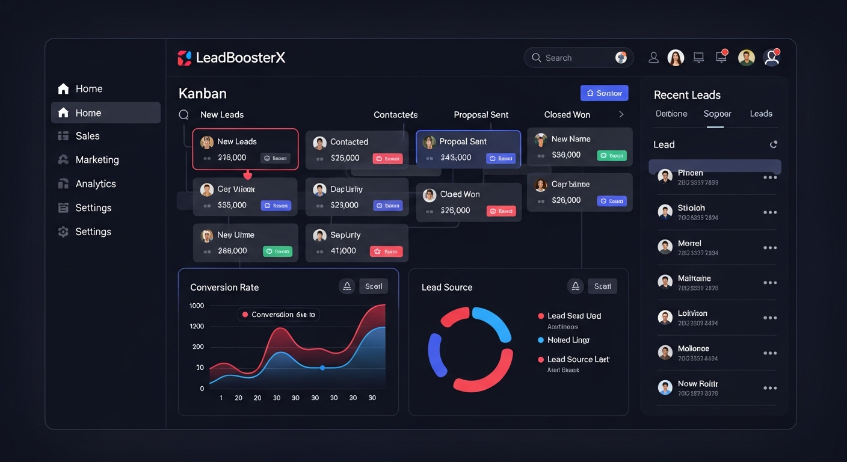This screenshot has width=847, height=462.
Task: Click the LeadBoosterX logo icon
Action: pos(184,58)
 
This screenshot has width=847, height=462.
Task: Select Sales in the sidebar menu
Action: pos(87,136)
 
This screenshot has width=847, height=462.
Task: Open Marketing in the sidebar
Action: pos(97,160)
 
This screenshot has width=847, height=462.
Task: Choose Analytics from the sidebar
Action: pos(95,184)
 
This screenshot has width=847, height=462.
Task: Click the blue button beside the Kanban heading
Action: pos(604,93)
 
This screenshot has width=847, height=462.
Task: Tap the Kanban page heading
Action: pos(203,94)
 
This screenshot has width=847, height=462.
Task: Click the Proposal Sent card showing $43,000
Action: pos(468,149)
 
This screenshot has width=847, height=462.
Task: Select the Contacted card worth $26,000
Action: pos(352,150)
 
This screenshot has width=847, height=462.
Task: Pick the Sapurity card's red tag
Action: pos(386,251)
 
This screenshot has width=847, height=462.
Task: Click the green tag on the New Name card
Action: pos(612,155)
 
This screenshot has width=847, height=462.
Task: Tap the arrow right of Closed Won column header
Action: pos(621,114)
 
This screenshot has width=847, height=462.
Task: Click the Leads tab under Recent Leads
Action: pos(760,114)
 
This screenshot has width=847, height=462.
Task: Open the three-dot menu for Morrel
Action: pos(769,248)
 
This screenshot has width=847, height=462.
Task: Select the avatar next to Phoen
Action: pos(665,176)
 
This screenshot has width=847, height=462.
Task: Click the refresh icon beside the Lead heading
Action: pos(773,144)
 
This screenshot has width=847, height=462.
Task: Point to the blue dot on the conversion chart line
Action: pos(322,368)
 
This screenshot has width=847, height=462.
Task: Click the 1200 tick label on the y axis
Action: pos(197,326)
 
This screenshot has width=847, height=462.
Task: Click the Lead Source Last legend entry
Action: pos(577,360)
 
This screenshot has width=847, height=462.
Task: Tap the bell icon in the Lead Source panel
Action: pos(575,286)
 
